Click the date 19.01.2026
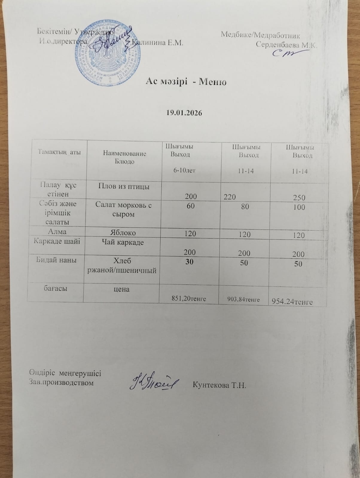coord(184,113)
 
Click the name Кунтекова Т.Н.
coord(219,385)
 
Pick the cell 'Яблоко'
coord(123,232)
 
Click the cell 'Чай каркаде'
coord(123,242)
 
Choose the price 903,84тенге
coord(243,299)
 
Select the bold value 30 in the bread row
coord(189,262)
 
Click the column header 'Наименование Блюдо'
coord(124,157)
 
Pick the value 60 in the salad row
coord(190,206)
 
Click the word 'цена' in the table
coord(122,289)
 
